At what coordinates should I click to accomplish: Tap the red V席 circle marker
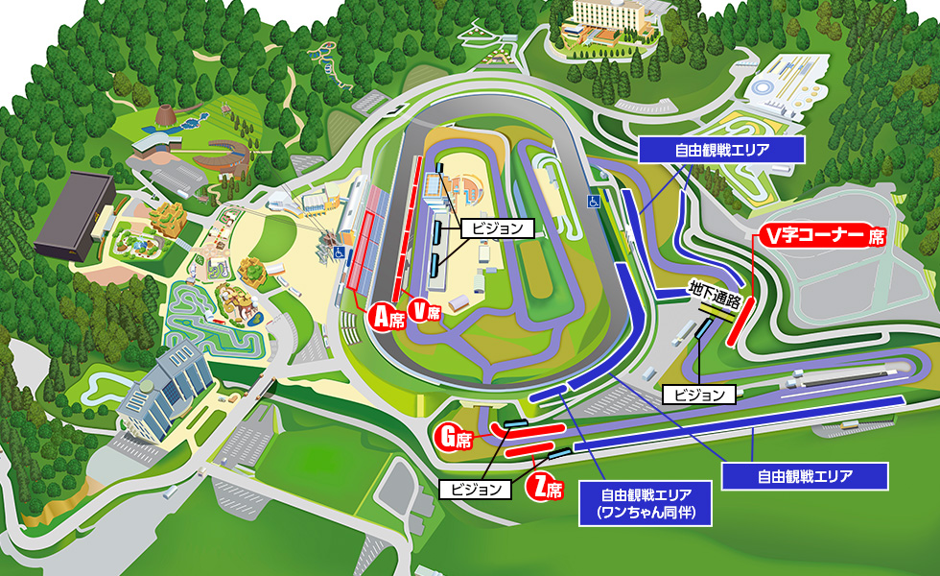click(423, 310)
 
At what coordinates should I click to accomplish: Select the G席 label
click(454, 440)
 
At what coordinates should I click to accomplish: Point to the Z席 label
click(545, 487)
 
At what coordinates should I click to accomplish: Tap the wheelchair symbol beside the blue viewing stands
click(592, 201)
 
